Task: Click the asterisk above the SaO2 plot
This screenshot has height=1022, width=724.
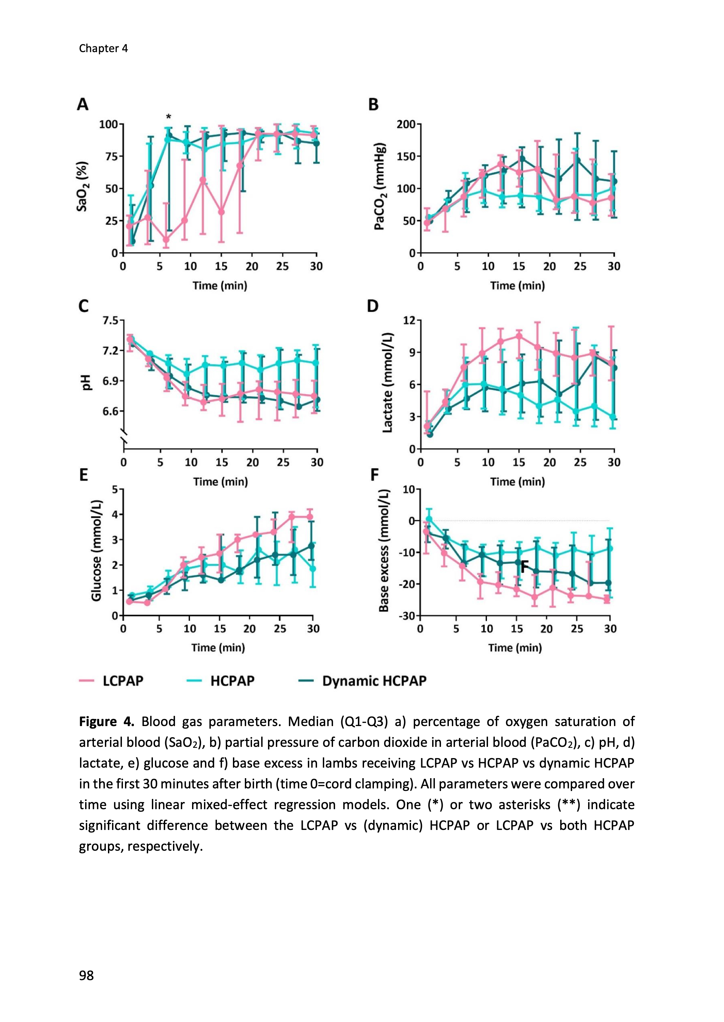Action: click(x=169, y=117)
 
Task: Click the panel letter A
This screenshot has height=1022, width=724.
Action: click(x=83, y=105)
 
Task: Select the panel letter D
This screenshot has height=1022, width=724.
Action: click(x=372, y=306)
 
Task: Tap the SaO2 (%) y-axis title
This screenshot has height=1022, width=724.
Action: click(x=83, y=186)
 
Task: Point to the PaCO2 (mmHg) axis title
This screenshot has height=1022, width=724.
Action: click(x=379, y=186)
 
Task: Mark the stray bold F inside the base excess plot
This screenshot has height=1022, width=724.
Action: click(x=525, y=567)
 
